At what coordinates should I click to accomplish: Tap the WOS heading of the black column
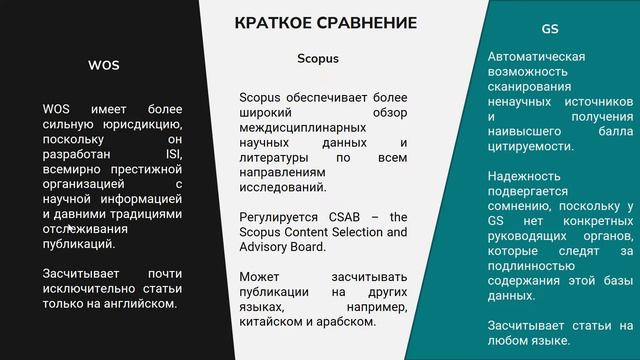pos(104,66)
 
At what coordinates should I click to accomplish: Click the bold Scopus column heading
pos(318,58)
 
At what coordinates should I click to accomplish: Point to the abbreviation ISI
pos(174,155)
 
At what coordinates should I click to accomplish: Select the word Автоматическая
pos(535,56)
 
